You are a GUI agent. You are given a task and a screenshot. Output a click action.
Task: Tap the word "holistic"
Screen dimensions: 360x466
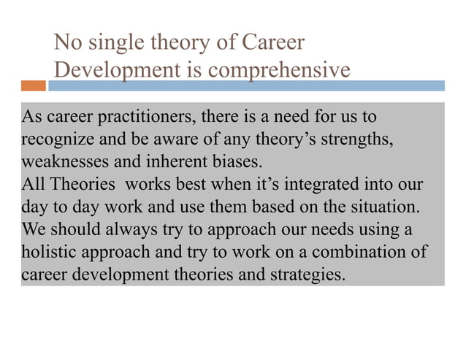(x=47, y=253)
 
